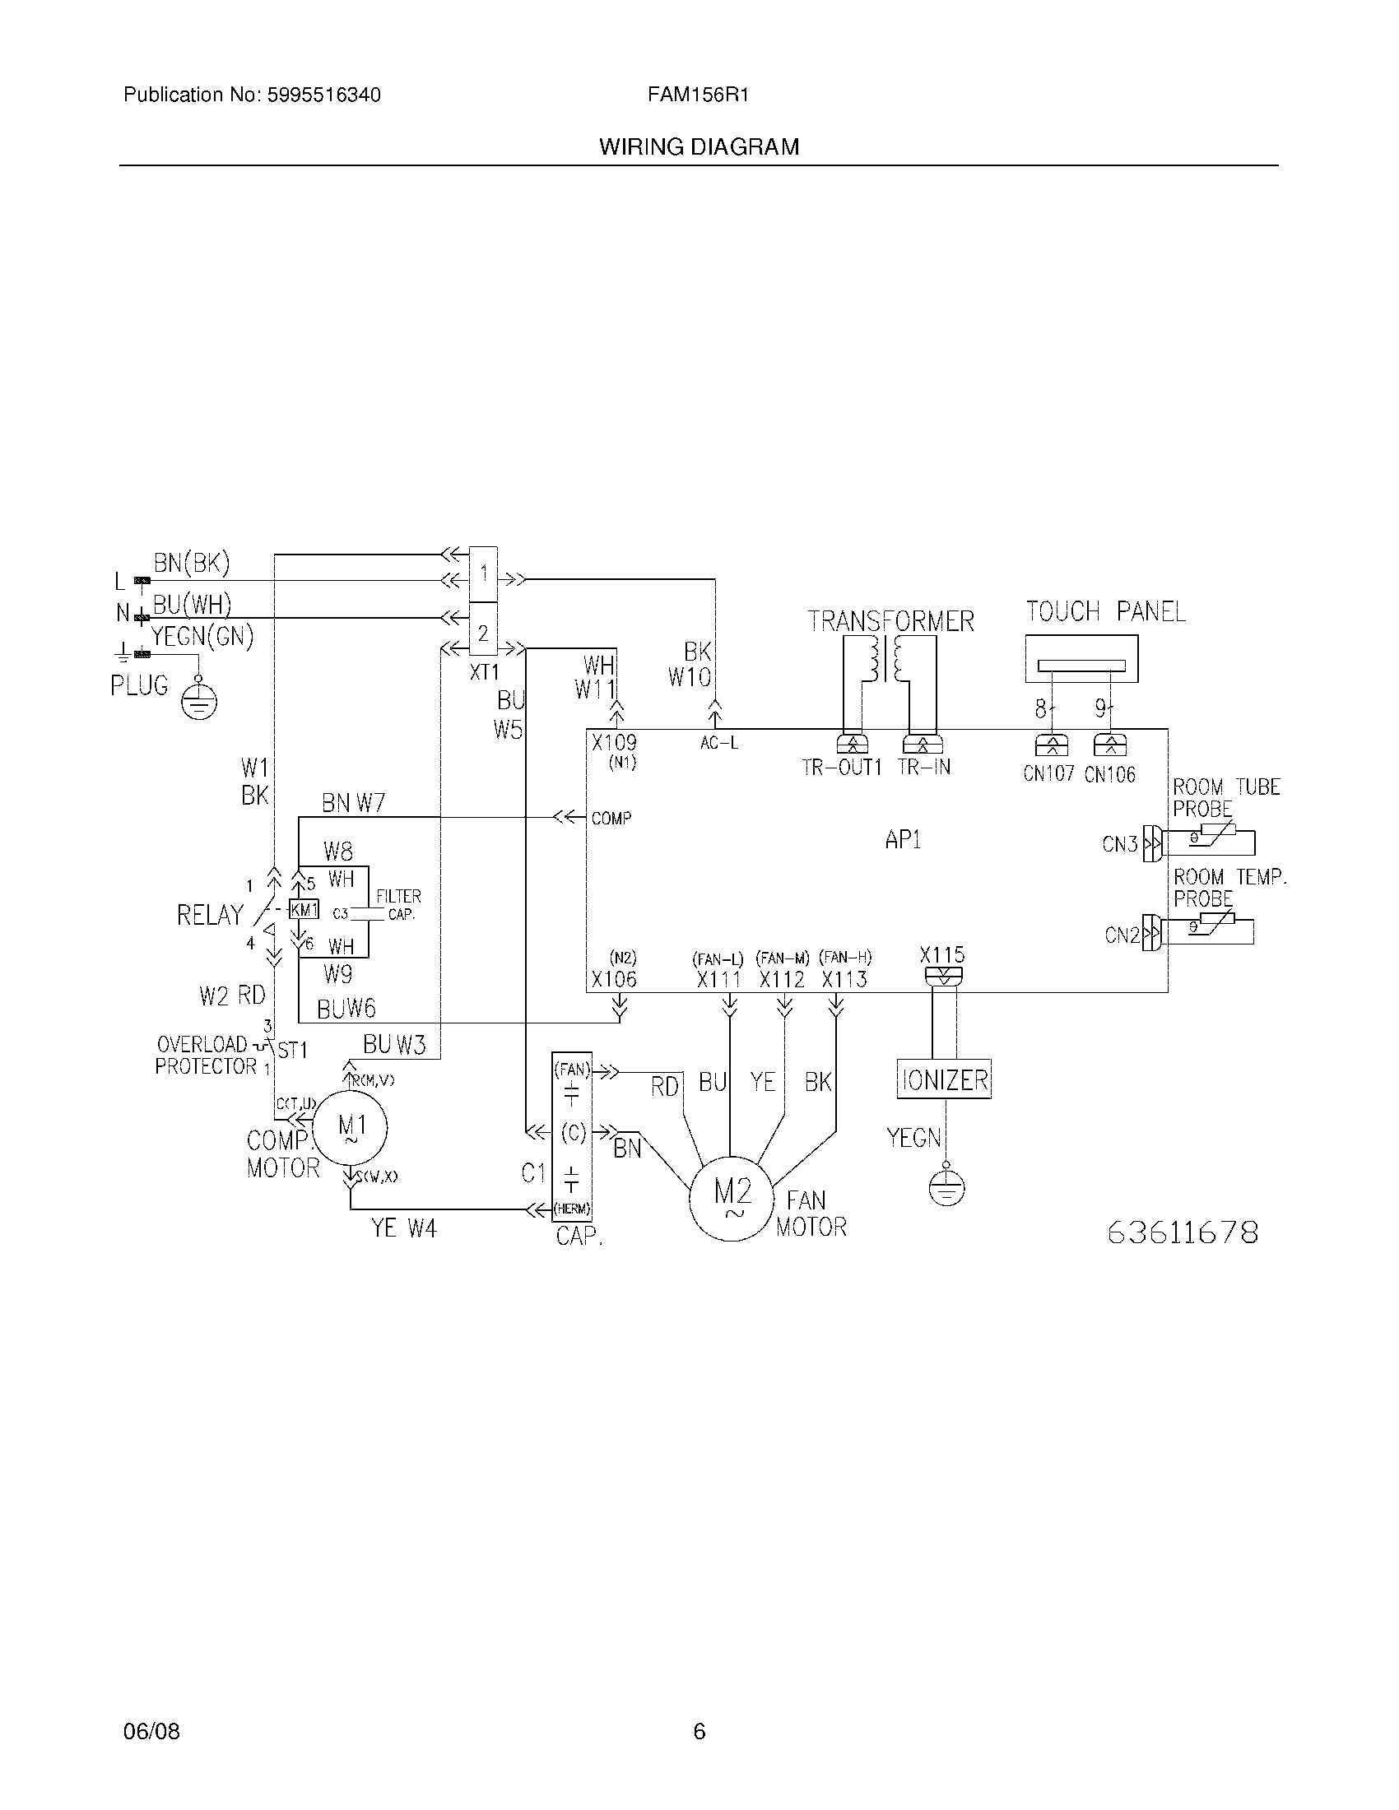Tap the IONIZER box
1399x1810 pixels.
pyautogui.click(x=944, y=1080)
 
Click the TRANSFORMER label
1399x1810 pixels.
pyautogui.click(x=891, y=621)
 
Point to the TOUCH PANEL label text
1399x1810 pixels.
pyautogui.click(x=1105, y=611)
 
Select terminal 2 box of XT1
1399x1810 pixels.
pyautogui.click(x=483, y=633)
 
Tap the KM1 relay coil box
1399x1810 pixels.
pyautogui.click(x=304, y=910)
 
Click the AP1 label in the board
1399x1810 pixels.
pyautogui.click(x=903, y=840)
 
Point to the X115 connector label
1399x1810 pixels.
pyautogui.click(x=942, y=954)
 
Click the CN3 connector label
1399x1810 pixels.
pyautogui.click(x=1120, y=844)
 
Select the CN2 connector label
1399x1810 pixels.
pyautogui.click(x=1122, y=935)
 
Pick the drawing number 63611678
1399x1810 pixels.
pyautogui.click(x=1183, y=1232)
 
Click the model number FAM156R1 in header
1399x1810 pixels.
pyautogui.click(x=698, y=95)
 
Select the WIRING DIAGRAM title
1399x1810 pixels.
pyautogui.click(x=699, y=147)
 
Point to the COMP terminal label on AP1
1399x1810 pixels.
pyautogui.click(x=611, y=819)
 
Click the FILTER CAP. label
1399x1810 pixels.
pyautogui.click(x=398, y=905)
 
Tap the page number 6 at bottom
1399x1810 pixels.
pyautogui.click(x=699, y=1731)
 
